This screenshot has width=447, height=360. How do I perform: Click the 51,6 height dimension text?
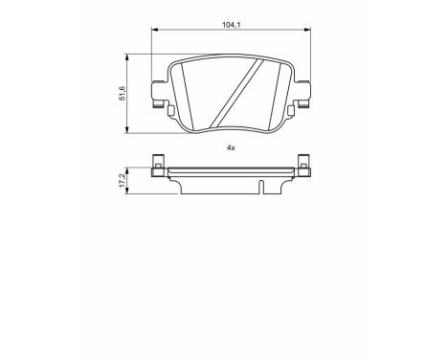121,92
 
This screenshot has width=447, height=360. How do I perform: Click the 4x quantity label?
230,146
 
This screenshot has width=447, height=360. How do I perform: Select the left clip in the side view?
158,168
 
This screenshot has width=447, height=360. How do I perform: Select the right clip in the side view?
302,168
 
